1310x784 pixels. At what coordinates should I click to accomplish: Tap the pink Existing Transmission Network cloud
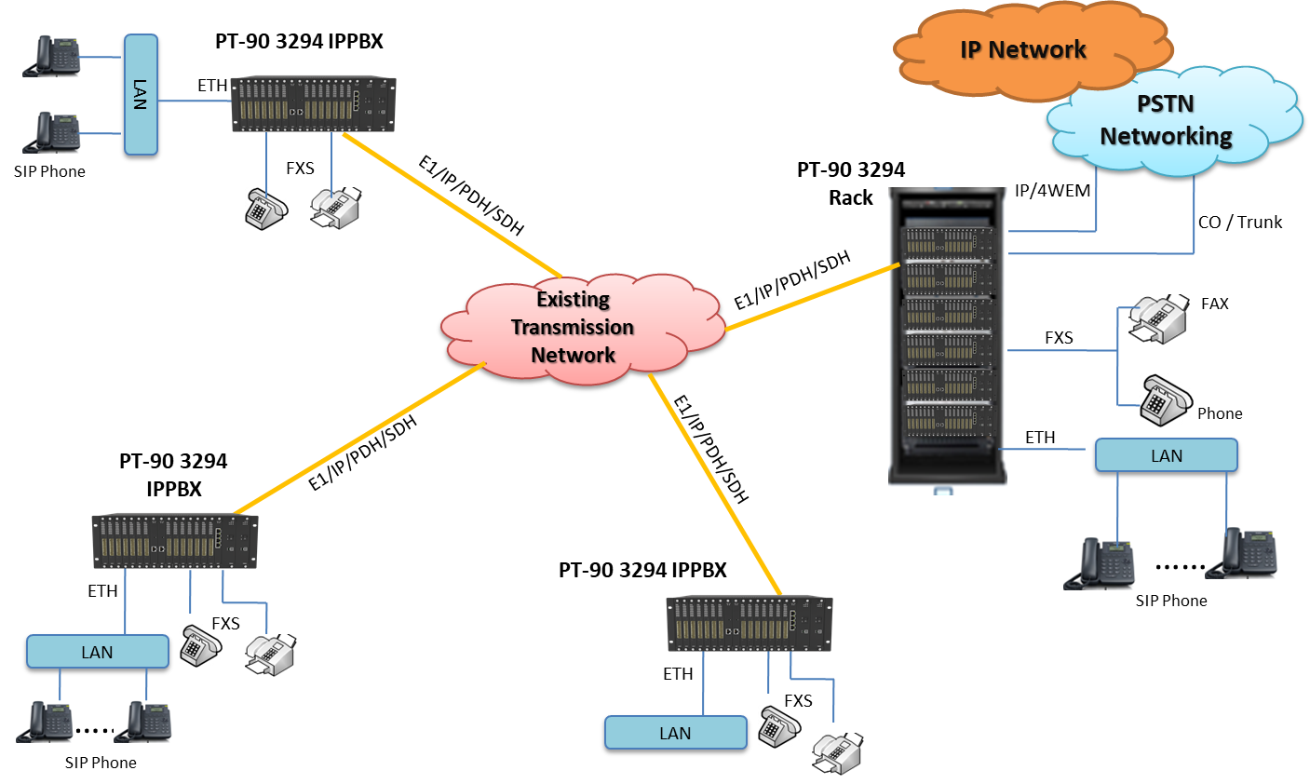[x=573, y=327]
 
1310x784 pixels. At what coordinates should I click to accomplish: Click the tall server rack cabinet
[x=947, y=340]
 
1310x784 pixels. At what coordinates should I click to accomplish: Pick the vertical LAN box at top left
[x=141, y=94]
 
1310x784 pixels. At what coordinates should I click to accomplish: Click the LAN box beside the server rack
[x=1166, y=455]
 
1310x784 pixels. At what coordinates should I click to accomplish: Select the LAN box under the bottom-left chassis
[x=97, y=652]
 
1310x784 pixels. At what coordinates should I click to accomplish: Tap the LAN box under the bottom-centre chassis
[x=675, y=733]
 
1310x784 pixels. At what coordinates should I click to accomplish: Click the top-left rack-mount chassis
[x=313, y=103]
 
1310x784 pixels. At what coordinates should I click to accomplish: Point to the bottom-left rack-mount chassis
[x=174, y=541]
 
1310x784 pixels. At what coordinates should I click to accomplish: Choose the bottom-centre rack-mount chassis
[x=749, y=623]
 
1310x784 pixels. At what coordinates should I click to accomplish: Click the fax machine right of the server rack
[x=1160, y=320]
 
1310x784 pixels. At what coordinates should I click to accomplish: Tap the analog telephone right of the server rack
[x=1166, y=400]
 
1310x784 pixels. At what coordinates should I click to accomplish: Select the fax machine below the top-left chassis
[x=337, y=209]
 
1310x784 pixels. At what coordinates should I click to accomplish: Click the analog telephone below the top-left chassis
[x=266, y=209]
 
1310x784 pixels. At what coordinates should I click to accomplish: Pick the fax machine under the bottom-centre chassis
[x=839, y=754]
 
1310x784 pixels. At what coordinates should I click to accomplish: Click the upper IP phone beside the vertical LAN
[x=54, y=56]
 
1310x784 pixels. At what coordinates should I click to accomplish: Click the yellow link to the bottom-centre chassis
[x=715, y=484]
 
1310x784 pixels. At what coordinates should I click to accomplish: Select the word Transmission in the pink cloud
[x=573, y=327]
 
